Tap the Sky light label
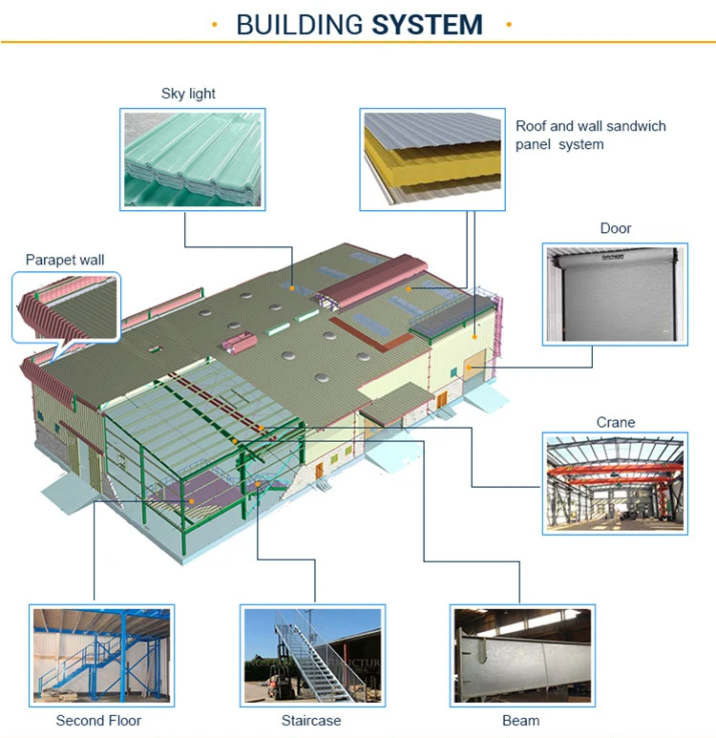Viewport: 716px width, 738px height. coord(188,94)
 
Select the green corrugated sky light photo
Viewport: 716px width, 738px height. coord(193,158)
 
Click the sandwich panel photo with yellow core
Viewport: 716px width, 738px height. coord(432,158)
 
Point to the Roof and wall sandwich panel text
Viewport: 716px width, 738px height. coord(590,135)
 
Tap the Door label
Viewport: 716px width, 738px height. coord(616,228)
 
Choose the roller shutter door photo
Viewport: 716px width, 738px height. coord(616,294)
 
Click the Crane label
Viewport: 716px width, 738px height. coord(616,422)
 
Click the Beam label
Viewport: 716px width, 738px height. coord(520,721)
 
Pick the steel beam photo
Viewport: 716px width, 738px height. coord(521,655)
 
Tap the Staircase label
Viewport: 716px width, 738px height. coord(311,721)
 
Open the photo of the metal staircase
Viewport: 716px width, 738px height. coord(312,655)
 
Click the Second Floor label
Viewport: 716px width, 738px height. coord(100,721)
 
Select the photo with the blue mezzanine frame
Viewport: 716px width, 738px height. coord(101,655)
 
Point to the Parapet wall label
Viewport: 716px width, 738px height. coord(65,260)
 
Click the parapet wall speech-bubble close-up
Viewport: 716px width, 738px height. coord(66,305)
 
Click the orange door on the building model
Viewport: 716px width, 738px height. coord(474,364)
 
